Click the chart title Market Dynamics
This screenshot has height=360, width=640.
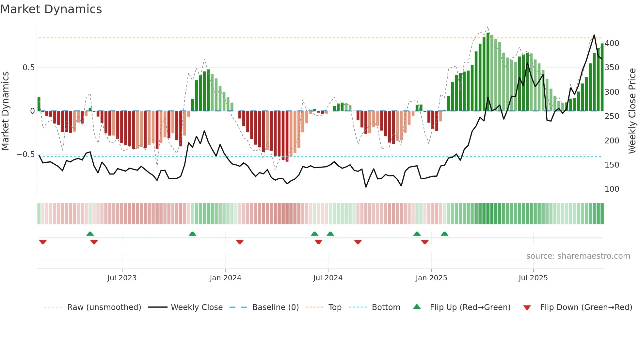click(51, 9)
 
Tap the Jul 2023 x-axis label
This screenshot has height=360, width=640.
click(122, 278)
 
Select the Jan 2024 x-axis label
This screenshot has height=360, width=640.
click(225, 278)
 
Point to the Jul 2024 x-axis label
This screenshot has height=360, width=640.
click(328, 278)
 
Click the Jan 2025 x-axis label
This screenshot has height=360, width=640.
click(431, 278)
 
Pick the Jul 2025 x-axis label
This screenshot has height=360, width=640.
click(533, 278)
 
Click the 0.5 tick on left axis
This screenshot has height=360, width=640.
click(29, 68)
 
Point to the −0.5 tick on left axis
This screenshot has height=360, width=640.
click(26, 155)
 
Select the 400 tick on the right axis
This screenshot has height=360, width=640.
click(612, 43)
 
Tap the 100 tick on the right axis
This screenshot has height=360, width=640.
click(612, 189)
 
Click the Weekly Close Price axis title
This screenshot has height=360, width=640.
click(632, 111)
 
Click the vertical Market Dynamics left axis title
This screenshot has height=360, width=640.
click(5, 111)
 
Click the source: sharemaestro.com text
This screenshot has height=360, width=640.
click(578, 256)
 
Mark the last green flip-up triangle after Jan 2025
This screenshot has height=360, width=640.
click(444, 234)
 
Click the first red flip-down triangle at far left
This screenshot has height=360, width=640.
click(43, 242)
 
